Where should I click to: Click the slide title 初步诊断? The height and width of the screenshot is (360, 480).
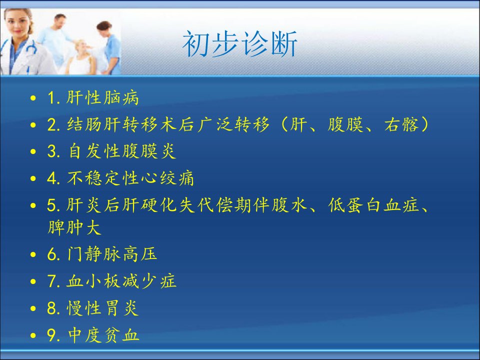(239, 44)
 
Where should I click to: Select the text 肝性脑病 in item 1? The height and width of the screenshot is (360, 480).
(102, 97)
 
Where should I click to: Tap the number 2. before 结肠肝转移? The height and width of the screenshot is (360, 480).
(53, 124)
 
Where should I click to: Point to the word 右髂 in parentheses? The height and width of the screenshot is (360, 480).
(401, 124)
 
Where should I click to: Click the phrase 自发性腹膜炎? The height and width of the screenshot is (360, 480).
(122, 151)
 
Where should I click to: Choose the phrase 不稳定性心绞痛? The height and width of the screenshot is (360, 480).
(130, 178)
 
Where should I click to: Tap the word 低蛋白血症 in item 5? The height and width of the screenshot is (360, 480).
(373, 205)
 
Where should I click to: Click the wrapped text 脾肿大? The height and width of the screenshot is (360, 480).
(74, 227)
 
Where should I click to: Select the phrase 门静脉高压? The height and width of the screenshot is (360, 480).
(111, 254)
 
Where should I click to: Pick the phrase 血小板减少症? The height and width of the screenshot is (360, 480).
(121, 281)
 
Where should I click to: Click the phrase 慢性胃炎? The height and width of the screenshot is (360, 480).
(102, 308)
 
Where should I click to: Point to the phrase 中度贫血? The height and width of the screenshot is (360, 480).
(103, 335)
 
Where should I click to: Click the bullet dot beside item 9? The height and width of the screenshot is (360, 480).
(33, 335)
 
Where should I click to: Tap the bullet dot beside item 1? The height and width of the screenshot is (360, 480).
(33, 98)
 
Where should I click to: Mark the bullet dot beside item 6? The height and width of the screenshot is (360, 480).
(33, 254)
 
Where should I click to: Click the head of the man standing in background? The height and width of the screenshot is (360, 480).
(60, 21)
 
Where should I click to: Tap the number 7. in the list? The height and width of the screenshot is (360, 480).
(53, 281)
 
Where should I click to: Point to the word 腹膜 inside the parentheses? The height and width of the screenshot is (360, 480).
(345, 124)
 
